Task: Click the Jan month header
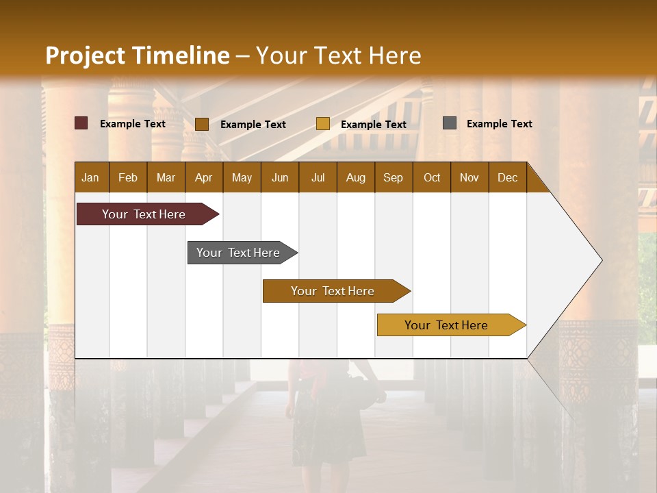point(90,177)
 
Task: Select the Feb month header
point(128,177)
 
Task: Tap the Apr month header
point(203,177)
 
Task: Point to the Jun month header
point(280,177)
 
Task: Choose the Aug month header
point(355,177)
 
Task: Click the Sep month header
point(393,177)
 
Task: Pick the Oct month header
point(432,177)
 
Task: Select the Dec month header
point(507,177)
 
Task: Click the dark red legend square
point(81,123)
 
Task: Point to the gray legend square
point(450,123)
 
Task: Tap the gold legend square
point(323,124)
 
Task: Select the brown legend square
point(202,124)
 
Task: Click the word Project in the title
point(86,55)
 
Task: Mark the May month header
point(242,177)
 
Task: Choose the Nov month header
point(469,177)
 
